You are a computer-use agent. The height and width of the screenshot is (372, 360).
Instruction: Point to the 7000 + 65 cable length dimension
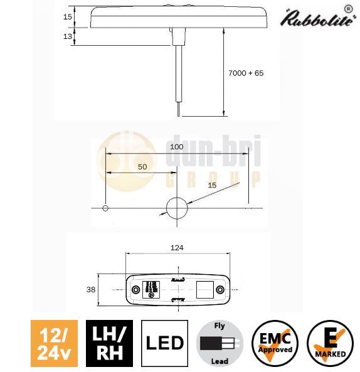pos(246,73)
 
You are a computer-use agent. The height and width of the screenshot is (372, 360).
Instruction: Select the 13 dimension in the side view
pos(67,37)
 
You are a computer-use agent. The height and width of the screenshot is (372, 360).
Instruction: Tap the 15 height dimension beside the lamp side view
pos(67,17)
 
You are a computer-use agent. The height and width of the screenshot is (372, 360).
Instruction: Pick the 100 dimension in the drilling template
pos(177,146)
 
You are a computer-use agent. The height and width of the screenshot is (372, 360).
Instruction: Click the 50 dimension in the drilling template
pos(142,167)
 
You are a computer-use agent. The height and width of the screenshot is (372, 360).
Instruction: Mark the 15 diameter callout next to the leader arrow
pos(211,185)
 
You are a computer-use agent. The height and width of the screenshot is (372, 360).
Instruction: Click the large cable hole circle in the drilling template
pos(177,207)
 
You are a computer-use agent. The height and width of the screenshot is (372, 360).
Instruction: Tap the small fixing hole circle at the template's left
pos(106,207)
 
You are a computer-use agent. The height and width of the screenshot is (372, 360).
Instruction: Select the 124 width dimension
pos(177,248)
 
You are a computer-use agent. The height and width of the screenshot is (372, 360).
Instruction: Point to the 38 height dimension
pos(91,289)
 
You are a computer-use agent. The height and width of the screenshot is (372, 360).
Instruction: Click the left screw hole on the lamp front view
pos(134,289)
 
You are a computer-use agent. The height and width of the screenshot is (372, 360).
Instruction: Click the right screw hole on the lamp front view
pos(220,289)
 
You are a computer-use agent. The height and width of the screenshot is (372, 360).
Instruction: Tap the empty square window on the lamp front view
pos(204,289)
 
